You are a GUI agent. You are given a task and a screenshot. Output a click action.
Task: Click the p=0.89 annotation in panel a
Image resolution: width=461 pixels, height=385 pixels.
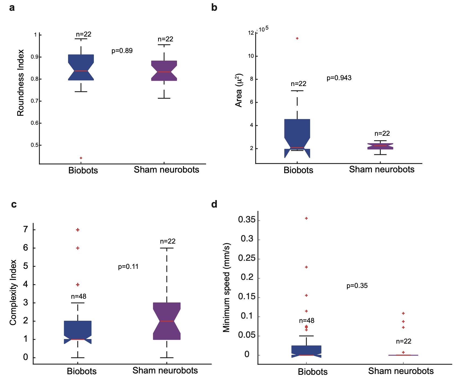(x=122, y=51)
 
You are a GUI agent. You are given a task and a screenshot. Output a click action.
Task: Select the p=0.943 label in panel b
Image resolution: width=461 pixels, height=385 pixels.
(x=339, y=78)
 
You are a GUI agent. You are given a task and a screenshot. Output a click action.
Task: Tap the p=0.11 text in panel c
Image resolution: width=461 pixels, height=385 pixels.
(x=128, y=267)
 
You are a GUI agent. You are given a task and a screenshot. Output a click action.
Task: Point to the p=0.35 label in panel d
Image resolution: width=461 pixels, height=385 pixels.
(x=357, y=286)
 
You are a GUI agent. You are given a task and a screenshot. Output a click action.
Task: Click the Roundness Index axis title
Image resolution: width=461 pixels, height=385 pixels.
(x=21, y=83)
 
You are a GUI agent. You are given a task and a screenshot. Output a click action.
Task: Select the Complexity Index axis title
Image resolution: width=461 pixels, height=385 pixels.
(x=13, y=292)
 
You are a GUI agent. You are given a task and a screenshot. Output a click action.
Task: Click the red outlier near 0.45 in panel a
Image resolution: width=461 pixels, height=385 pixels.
(x=81, y=158)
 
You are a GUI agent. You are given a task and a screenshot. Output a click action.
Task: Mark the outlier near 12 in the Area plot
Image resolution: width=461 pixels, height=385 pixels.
(x=297, y=38)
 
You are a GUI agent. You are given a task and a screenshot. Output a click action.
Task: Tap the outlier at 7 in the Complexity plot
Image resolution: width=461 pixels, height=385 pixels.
(x=78, y=230)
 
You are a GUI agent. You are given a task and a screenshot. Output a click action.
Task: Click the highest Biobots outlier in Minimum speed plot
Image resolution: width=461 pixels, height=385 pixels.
(x=306, y=218)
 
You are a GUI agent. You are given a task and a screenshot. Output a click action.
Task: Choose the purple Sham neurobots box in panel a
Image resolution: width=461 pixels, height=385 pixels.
(x=164, y=71)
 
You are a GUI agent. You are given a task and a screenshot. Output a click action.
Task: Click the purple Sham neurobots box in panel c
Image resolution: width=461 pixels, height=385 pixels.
(x=167, y=321)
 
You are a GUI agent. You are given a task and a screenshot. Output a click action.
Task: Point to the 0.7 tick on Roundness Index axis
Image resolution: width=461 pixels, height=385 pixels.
(x=34, y=101)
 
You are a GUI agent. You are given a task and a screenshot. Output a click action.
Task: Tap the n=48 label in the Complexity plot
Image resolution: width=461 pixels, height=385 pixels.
(x=79, y=297)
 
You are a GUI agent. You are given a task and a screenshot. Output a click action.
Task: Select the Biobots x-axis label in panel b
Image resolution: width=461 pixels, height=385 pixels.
(x=298, y=170)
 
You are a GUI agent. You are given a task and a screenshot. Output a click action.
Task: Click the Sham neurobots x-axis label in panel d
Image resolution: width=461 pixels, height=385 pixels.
(x=401, y=371)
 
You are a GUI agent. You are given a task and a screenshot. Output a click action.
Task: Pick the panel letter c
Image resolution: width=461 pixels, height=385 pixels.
(x=14, y=204)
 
